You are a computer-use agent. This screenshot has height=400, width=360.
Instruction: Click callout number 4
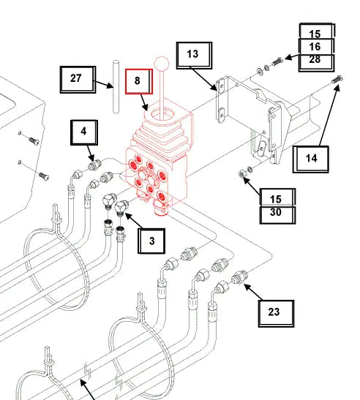tap(83, 133)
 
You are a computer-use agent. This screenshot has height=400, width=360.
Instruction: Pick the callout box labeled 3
tap(151, 239)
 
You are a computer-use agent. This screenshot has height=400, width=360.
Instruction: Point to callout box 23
tap(274, 312)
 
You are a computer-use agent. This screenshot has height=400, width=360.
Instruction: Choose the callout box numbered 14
tap(311, 158)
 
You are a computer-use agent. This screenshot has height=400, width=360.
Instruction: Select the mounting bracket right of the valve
tap(252, 113)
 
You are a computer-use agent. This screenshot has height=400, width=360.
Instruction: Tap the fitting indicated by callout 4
tap(94, 165)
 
